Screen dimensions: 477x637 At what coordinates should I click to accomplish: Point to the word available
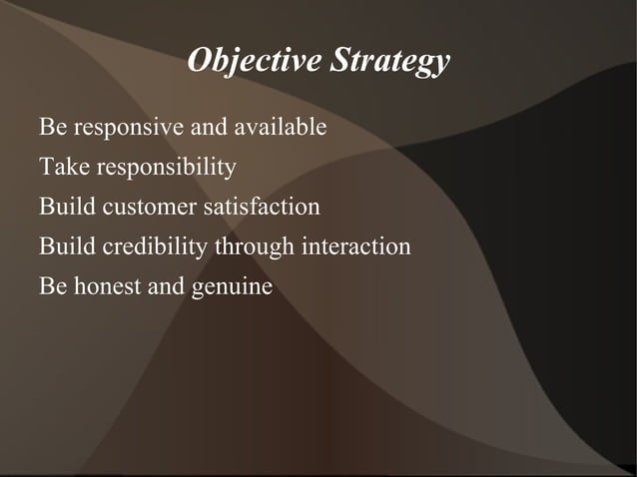pos(281,128)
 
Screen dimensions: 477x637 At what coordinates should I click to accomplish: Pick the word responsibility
pos(166,168)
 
